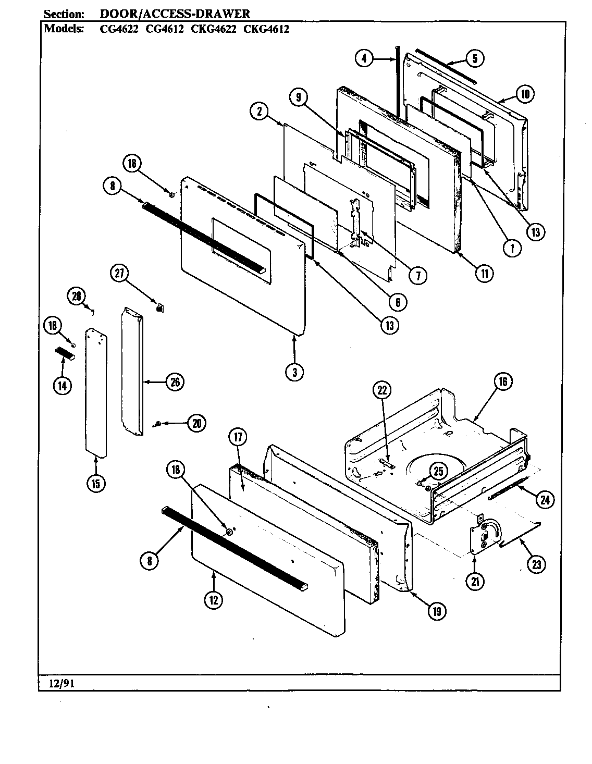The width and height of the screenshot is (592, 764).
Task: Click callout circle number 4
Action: [x=364, y=58]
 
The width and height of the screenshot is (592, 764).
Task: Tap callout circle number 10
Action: [x=525, y=94]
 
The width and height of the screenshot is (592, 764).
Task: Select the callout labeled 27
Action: [x=119, y=274]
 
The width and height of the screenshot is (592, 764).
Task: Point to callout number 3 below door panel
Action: [x=294, y=372]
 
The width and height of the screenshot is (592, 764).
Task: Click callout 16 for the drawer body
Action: [x=503, y=381]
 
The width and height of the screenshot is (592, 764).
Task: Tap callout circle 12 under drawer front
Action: [x=214, y=600]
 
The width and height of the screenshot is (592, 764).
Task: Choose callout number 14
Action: [x=62, y=386]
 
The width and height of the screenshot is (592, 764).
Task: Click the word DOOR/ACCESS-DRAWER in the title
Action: [x=175, y=15]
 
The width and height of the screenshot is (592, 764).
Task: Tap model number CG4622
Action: [x=119, y=29]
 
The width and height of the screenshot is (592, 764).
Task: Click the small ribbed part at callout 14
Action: [x=66, y=354]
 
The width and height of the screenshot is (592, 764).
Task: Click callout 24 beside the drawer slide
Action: [x=545, y=499]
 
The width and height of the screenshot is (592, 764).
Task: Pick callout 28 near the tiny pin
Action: [x=77, y=297]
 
